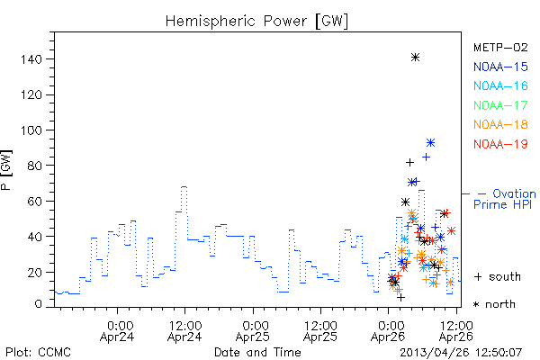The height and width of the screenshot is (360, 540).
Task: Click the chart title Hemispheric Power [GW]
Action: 256,22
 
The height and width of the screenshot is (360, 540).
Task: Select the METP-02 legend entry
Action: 500,48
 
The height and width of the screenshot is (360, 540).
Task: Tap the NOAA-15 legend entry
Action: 500,67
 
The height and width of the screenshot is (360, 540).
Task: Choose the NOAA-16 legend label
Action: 500,85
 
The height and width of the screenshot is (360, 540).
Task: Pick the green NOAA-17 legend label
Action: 500,105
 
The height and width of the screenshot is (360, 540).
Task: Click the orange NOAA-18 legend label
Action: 500,124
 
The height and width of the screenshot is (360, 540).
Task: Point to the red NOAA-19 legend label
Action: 500,144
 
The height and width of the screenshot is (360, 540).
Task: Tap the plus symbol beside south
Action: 478,276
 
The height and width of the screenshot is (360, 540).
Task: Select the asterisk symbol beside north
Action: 476,304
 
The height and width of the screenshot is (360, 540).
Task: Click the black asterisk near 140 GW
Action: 415,58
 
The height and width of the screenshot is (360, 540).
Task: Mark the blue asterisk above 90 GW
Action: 430,142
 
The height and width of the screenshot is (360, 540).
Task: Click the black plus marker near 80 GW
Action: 409,162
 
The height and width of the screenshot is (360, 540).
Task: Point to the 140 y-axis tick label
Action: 31,59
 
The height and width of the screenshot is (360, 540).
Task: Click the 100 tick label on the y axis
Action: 31,130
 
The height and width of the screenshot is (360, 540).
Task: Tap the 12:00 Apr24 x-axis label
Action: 184,331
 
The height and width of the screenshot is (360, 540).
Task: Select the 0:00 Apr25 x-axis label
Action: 253,331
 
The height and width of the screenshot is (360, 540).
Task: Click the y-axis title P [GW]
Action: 6,170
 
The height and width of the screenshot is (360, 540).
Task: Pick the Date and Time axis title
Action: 257,352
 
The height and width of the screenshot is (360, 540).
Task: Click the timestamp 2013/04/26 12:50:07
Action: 461,353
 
